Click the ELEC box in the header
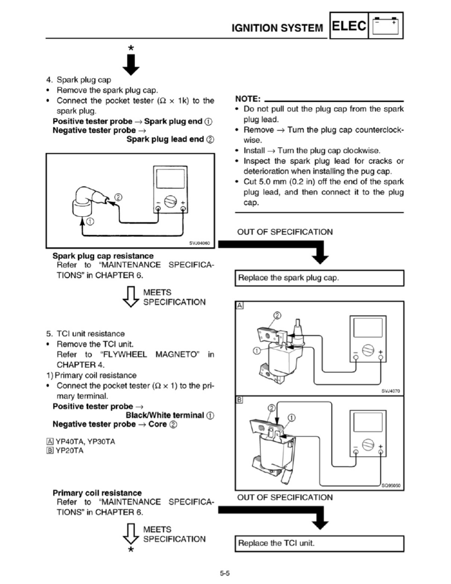349,25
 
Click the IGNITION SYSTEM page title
277,28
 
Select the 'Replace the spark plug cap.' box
320,278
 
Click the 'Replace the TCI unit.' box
320,544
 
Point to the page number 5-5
225,573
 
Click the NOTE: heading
248,99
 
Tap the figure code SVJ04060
199,243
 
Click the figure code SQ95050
391,485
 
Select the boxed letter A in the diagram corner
240,306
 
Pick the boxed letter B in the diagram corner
240,400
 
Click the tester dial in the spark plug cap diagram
171,201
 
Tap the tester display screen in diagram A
368,328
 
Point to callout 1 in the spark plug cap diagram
90,222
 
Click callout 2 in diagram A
277,315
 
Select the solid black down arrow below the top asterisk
131,64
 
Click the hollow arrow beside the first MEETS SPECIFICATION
131,297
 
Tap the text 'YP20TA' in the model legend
70,451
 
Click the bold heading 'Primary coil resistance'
97,493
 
